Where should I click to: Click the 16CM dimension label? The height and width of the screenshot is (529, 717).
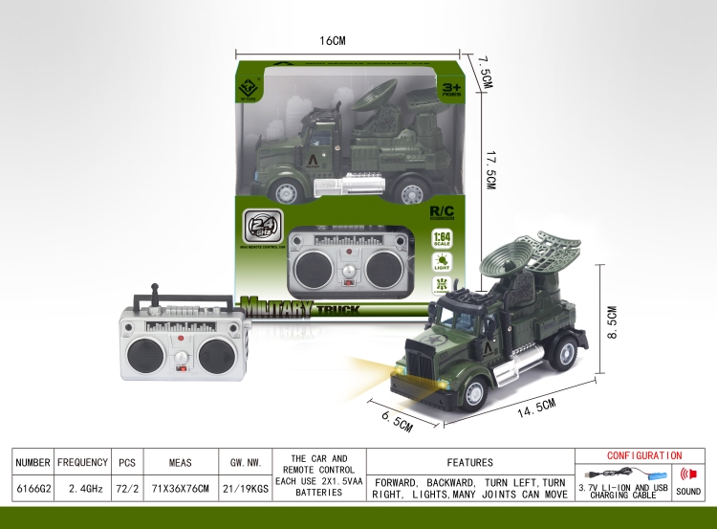point(332,41)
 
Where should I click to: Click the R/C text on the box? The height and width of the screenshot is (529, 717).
point(443,208)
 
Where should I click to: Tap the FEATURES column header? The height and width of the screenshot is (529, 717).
point(469,462)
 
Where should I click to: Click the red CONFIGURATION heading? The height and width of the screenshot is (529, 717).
point(644,455)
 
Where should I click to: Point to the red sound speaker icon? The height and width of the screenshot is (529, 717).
point(687,474)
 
